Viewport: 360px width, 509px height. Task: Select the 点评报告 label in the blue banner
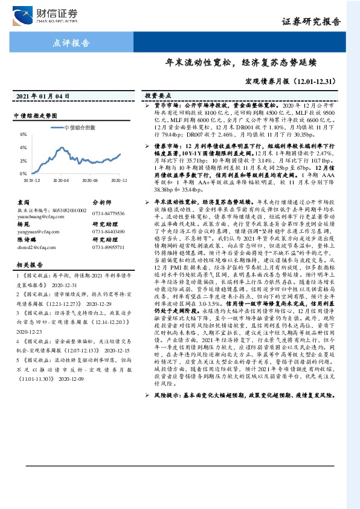coord(72,43)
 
